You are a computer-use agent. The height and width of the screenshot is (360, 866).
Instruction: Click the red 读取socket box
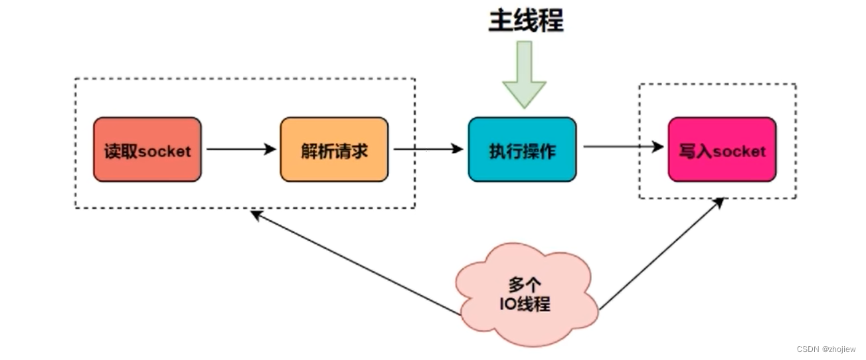tap(147, 150)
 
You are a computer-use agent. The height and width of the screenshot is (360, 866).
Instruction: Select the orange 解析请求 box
tap(334, 150)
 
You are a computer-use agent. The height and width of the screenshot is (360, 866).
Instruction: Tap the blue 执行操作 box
tap(522, 150)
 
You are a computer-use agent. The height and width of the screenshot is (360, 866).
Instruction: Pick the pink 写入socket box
tap(722, 150)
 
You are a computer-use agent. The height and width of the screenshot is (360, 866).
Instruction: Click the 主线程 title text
tap(526, 21)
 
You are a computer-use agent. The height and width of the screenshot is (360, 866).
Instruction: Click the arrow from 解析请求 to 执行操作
tap(428, 149)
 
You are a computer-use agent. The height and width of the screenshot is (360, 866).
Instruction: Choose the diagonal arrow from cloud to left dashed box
tap(352, 262)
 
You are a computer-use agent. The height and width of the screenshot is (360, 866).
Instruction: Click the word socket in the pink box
tap(739, 151)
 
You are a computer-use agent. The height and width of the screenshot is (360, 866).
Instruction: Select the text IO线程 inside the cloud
tap(524, 305)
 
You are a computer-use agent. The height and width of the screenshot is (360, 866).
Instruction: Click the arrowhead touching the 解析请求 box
tap(270, 149)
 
